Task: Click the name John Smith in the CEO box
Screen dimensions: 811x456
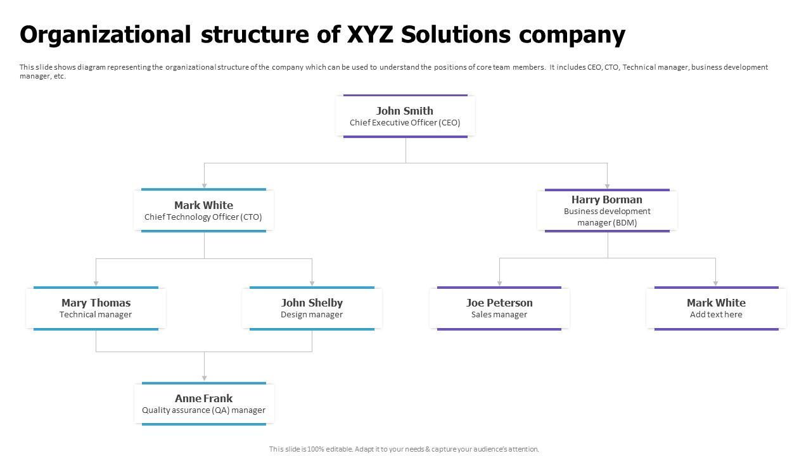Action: coord(405,111)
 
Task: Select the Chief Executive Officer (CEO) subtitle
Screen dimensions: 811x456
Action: coord(405,123)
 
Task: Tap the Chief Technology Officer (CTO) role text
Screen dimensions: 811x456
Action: coord(203,217)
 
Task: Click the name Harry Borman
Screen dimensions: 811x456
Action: coord(607,199)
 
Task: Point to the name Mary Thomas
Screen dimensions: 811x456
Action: coord(96,303)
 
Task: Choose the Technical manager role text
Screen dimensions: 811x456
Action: coord(96,315)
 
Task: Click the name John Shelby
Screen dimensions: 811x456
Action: coord(312,303)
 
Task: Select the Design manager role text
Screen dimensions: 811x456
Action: coord(312,315)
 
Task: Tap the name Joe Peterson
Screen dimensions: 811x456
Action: coord(499,303)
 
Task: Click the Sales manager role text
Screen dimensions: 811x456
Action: coord(499,315)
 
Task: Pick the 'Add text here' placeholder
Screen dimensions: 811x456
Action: coord(716,315)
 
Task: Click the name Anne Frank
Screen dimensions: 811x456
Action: coord(203,398)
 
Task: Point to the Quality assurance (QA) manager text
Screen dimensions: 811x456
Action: coord(203,410)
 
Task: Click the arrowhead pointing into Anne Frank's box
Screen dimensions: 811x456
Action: coord(204,378)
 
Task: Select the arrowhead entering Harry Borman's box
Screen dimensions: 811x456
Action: coord(607,186)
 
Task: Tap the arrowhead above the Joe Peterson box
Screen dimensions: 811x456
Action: coord(499,282)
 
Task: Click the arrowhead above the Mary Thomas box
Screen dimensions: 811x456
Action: coord(96,282)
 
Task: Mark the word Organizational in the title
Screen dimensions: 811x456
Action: coord(105,35)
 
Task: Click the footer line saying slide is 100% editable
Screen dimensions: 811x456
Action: coord(404,449)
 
